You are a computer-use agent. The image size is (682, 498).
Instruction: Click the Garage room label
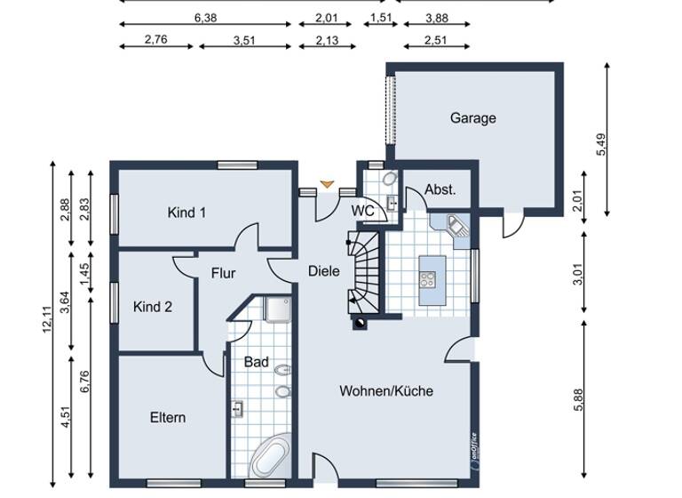(472, 118)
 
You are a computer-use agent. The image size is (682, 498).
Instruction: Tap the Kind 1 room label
(186, 213)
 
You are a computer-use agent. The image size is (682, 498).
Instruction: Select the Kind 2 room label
(153, 307)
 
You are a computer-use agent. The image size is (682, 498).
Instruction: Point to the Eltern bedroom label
(167, 417)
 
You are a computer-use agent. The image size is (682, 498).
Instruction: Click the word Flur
(223, 274)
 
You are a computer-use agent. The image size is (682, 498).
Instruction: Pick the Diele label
(323, 270)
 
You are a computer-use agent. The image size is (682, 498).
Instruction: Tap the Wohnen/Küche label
(386, 390)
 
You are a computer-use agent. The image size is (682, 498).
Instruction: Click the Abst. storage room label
(440, 189)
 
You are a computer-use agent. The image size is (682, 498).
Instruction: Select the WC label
(362, 211)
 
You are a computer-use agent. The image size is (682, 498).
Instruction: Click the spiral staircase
(361, 270)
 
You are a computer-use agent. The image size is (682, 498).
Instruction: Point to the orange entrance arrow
(328, 184)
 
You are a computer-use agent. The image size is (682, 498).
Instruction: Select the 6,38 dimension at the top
(205, 17)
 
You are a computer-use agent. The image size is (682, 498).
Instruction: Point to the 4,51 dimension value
(67, 418)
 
